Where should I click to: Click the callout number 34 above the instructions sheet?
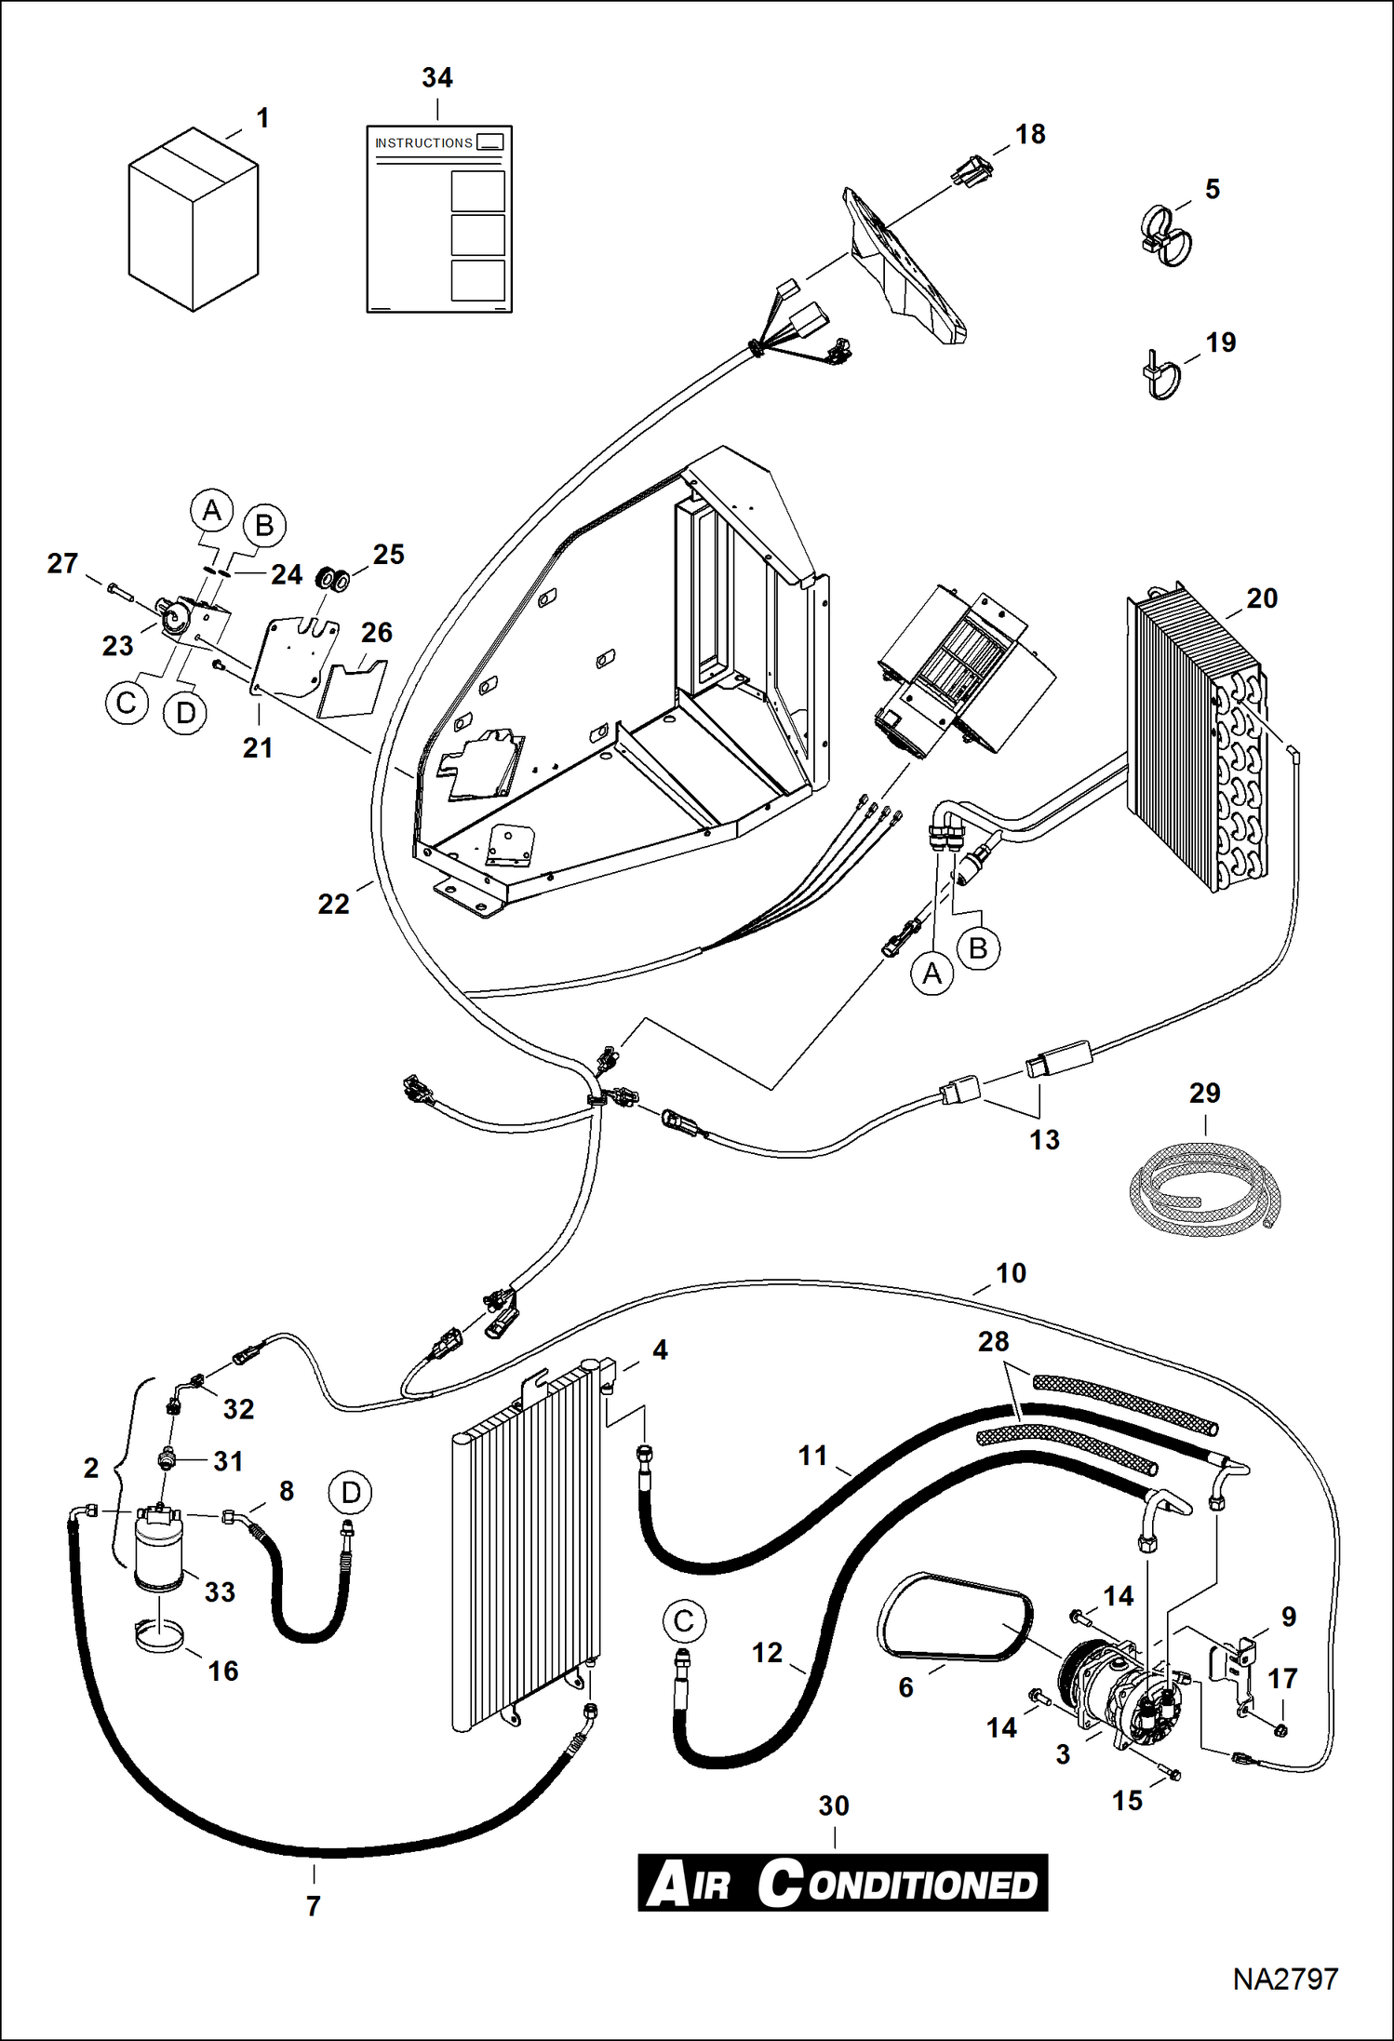point(436,77)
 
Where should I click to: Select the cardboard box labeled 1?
point(193,220)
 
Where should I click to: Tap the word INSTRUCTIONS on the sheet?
point(423,142)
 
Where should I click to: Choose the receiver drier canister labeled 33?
point(160,1550)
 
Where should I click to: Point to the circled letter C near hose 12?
point(684,1621)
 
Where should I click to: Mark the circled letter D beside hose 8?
point(350,1493)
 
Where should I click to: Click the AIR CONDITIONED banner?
point(842,1884)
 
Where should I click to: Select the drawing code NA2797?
point(1285,1979)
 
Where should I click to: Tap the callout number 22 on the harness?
point(333,904)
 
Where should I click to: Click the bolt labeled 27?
point(121,589)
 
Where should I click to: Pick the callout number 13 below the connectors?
point(1043,1139)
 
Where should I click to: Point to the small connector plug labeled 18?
point(972,170)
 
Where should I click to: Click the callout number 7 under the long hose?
point(314,1906)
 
